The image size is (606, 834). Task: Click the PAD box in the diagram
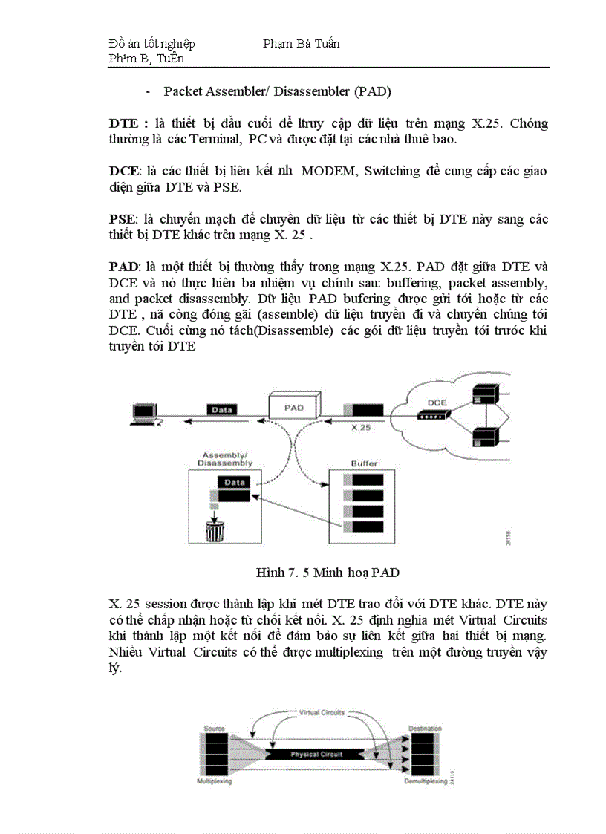pyautogui.click(x=294, y=407)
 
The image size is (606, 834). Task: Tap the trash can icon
pyautogui.click(x=215, y=530)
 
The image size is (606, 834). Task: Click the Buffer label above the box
pyautogui.click(x=364, y=463)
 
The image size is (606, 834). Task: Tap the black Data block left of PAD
pyautogui.click(x=222, y=410)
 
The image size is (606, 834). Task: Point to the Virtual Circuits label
pyautogui.click(x=321, y=712)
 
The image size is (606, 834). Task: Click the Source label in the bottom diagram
pyautogui.click(x=215, y=729)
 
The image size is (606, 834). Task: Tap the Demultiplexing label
pyautogui.click(x=426, y=782)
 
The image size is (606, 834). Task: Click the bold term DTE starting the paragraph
pyautogui.click(x=122, y=123)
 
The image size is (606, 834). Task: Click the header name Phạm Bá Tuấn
pyautogui.click(x=301, y=44)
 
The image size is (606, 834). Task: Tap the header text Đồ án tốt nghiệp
pyautogui.click(x=151, y=44)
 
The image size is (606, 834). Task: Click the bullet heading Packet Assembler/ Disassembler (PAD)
pyautogui.click(x=277, y=91)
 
